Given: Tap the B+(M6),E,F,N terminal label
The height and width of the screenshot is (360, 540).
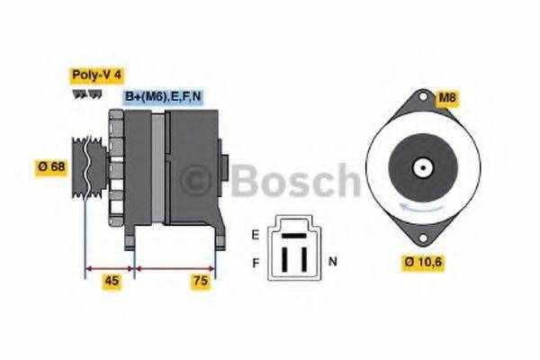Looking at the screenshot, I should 162,96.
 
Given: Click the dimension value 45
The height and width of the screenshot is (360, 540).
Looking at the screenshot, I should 112,281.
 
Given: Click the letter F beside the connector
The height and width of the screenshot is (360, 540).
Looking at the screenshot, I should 256,262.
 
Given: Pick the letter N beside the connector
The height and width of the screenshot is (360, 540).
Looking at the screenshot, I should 332,262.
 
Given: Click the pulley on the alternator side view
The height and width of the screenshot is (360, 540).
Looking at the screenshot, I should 84,171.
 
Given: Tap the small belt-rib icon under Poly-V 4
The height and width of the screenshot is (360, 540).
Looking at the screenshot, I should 87,94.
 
